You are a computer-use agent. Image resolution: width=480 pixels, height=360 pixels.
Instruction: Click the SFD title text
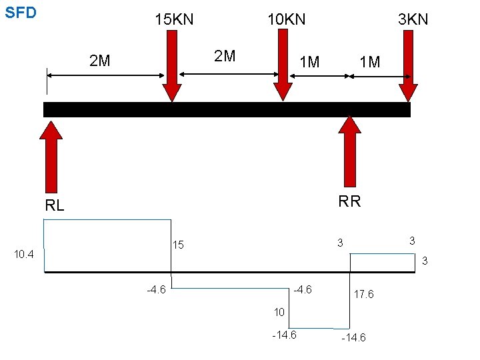pos(21,13)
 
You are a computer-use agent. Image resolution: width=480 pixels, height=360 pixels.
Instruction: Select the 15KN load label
pos(174,19)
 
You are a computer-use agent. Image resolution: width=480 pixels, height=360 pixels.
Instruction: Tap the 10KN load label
pos(286,19)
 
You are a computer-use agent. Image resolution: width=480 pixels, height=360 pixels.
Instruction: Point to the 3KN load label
pos(413,19)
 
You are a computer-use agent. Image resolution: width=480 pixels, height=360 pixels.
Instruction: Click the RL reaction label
pos(54,206)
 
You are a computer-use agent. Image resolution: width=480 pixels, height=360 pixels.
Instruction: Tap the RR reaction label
pos(349,201)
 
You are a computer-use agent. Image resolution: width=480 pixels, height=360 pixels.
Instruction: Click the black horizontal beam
pos(227,109)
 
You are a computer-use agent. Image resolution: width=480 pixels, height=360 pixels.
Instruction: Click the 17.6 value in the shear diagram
pos(363,294)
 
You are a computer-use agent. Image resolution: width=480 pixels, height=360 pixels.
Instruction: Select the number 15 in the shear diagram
pos(178,245)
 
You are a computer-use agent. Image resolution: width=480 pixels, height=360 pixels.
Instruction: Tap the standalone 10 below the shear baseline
pos(279,312)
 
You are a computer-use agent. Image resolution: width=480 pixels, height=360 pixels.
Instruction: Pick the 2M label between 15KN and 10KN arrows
pos(224,55)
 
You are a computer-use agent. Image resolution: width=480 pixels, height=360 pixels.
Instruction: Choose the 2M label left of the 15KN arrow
pos(100,62)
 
